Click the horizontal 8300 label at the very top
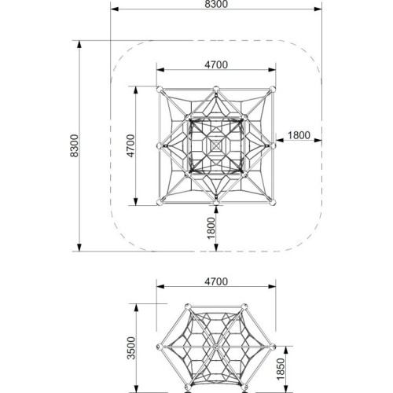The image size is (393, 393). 216,4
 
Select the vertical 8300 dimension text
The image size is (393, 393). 74,145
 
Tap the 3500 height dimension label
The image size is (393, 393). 131,348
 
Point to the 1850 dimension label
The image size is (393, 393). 281,369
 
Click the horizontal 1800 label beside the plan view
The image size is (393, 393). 299,135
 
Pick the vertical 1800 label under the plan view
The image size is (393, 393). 211,228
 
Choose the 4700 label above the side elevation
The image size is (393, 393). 216,281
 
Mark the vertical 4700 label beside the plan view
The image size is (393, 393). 130,145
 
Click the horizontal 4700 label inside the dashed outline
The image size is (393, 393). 216,64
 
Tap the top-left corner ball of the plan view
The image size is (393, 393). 160,89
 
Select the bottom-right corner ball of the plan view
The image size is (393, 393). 273,202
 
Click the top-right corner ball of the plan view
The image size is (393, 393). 273,89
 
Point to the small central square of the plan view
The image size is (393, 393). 216,145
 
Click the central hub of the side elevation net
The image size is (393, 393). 216,347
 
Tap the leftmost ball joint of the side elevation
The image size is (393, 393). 159,347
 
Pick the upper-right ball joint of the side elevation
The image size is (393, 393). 244,307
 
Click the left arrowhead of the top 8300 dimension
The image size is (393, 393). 115,9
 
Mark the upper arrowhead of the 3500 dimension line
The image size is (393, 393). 136,308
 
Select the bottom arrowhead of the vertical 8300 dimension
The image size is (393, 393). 79,248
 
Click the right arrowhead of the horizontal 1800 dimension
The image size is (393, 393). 318,141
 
